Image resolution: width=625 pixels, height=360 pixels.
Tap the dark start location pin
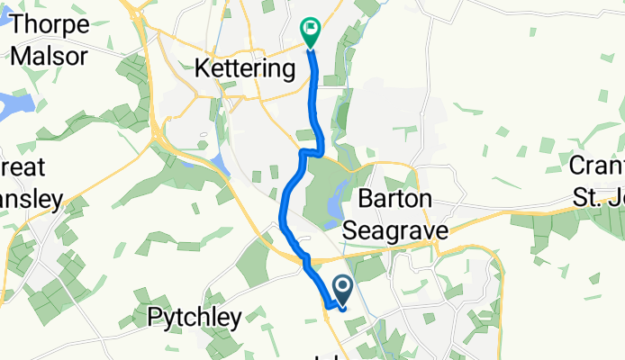(343, 289)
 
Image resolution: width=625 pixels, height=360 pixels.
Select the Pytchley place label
(195, 317)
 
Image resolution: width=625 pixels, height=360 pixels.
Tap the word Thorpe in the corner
(50, 23)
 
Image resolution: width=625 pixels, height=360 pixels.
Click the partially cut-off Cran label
(597, 166)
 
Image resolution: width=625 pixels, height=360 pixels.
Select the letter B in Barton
(366, 200)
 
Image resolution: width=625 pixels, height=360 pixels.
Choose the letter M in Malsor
(20, 56)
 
